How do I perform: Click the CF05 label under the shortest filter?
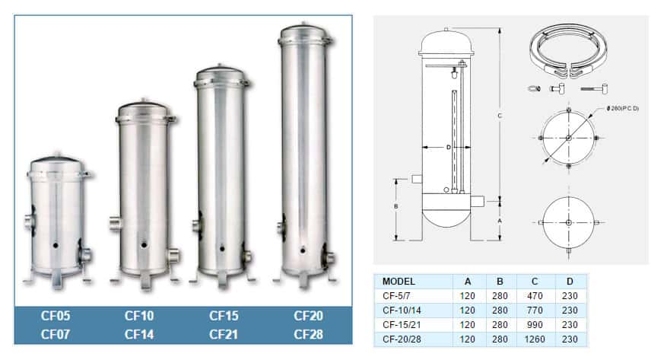(56, 316)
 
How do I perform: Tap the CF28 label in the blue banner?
(309, 334)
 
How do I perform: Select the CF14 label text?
(139, 334)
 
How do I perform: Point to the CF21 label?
(224, 334)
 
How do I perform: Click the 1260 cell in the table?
(535, 339)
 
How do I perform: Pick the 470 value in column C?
(535, 296)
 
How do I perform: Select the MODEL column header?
(399, 282)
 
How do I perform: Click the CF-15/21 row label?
(402, 325)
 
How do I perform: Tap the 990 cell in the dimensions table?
(535, 325)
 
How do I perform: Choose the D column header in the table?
(570, 282)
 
